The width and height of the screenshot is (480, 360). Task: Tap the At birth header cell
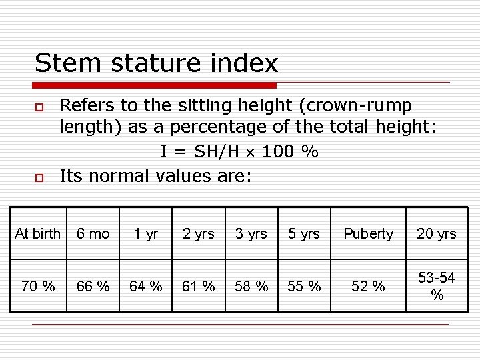pos(37,233)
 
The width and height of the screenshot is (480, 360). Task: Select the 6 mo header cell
pos(93,233)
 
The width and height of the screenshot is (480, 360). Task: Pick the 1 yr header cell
pos(146,233)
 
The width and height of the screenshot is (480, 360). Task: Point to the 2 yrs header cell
pos(199,233)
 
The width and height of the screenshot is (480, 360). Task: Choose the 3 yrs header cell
pos(251,233)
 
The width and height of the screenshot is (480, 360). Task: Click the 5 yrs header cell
pos(304,233)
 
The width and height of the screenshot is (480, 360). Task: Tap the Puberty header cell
pos(368,233)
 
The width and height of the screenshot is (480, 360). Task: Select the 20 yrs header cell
pos(437,233)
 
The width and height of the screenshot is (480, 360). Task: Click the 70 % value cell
pos(37,286)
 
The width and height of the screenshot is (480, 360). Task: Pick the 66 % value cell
pos(93,286)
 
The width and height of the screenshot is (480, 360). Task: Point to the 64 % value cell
pos(146,286)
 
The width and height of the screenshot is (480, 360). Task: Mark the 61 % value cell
pos(199,286)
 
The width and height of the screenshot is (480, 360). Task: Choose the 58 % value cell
pos(251,286)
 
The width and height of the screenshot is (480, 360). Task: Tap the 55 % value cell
pos(304,286)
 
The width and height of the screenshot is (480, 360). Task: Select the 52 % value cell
pos(368,286)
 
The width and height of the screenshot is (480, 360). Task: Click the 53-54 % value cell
pos(437,286)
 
